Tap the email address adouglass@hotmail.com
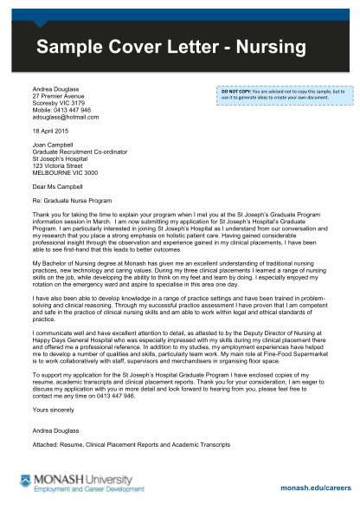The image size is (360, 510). point(66,118)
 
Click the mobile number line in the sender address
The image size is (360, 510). point(62,111)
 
